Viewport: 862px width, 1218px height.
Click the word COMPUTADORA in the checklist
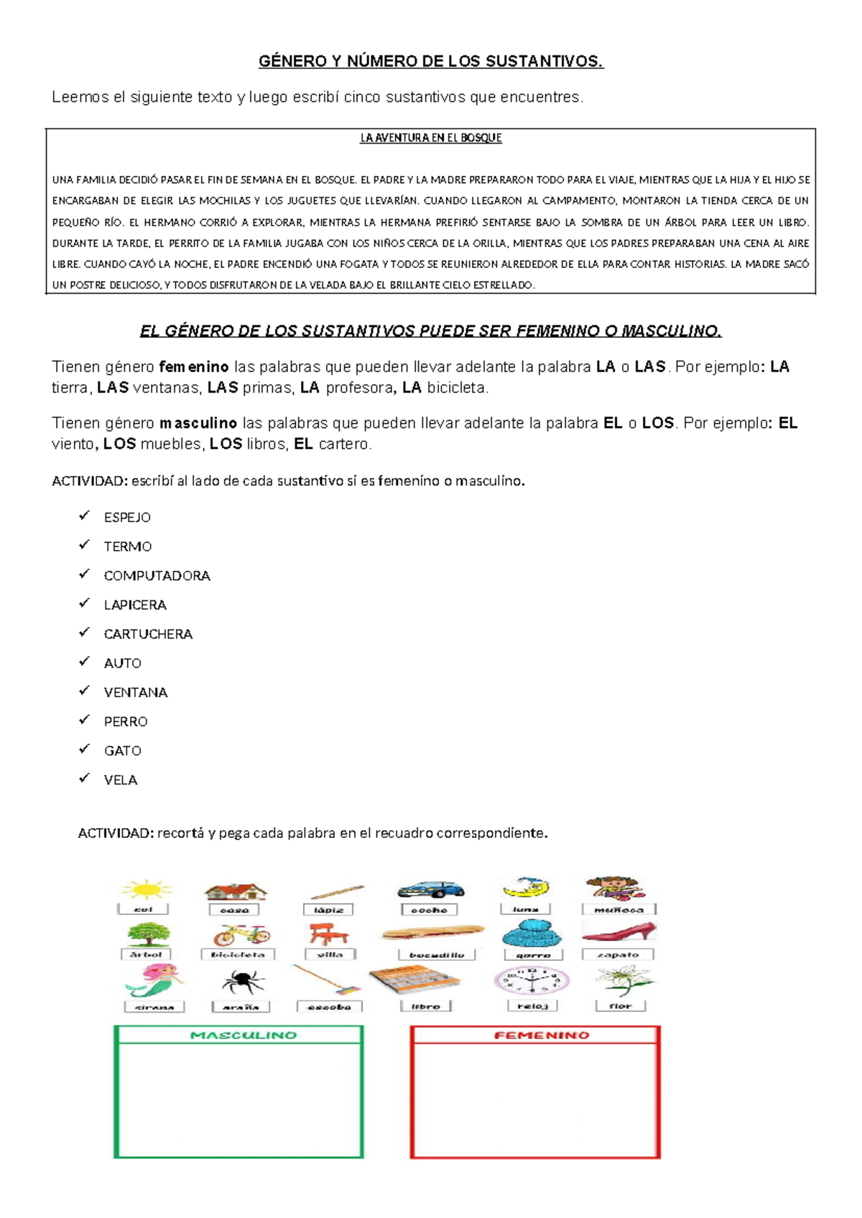[x=157, y=576]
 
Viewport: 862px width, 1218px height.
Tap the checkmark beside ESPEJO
[x=85, y=516]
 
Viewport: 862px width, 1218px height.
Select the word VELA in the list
[x=120, y=780]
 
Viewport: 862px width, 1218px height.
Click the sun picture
[x=146, y=891]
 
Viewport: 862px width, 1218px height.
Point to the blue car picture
[x=430, y=890]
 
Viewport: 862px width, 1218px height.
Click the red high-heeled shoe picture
[x=619, y=932]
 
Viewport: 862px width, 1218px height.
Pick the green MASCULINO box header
[x=242, y=1036]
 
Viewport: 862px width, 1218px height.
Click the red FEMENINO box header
[x=541, y=1036]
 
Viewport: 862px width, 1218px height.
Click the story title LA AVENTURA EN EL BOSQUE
[x=430, y=138]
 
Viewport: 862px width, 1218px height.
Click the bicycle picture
[x=241, y=934]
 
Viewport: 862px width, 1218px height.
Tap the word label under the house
[x=234, y=910]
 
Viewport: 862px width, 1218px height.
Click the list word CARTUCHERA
[x=148, y=634]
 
